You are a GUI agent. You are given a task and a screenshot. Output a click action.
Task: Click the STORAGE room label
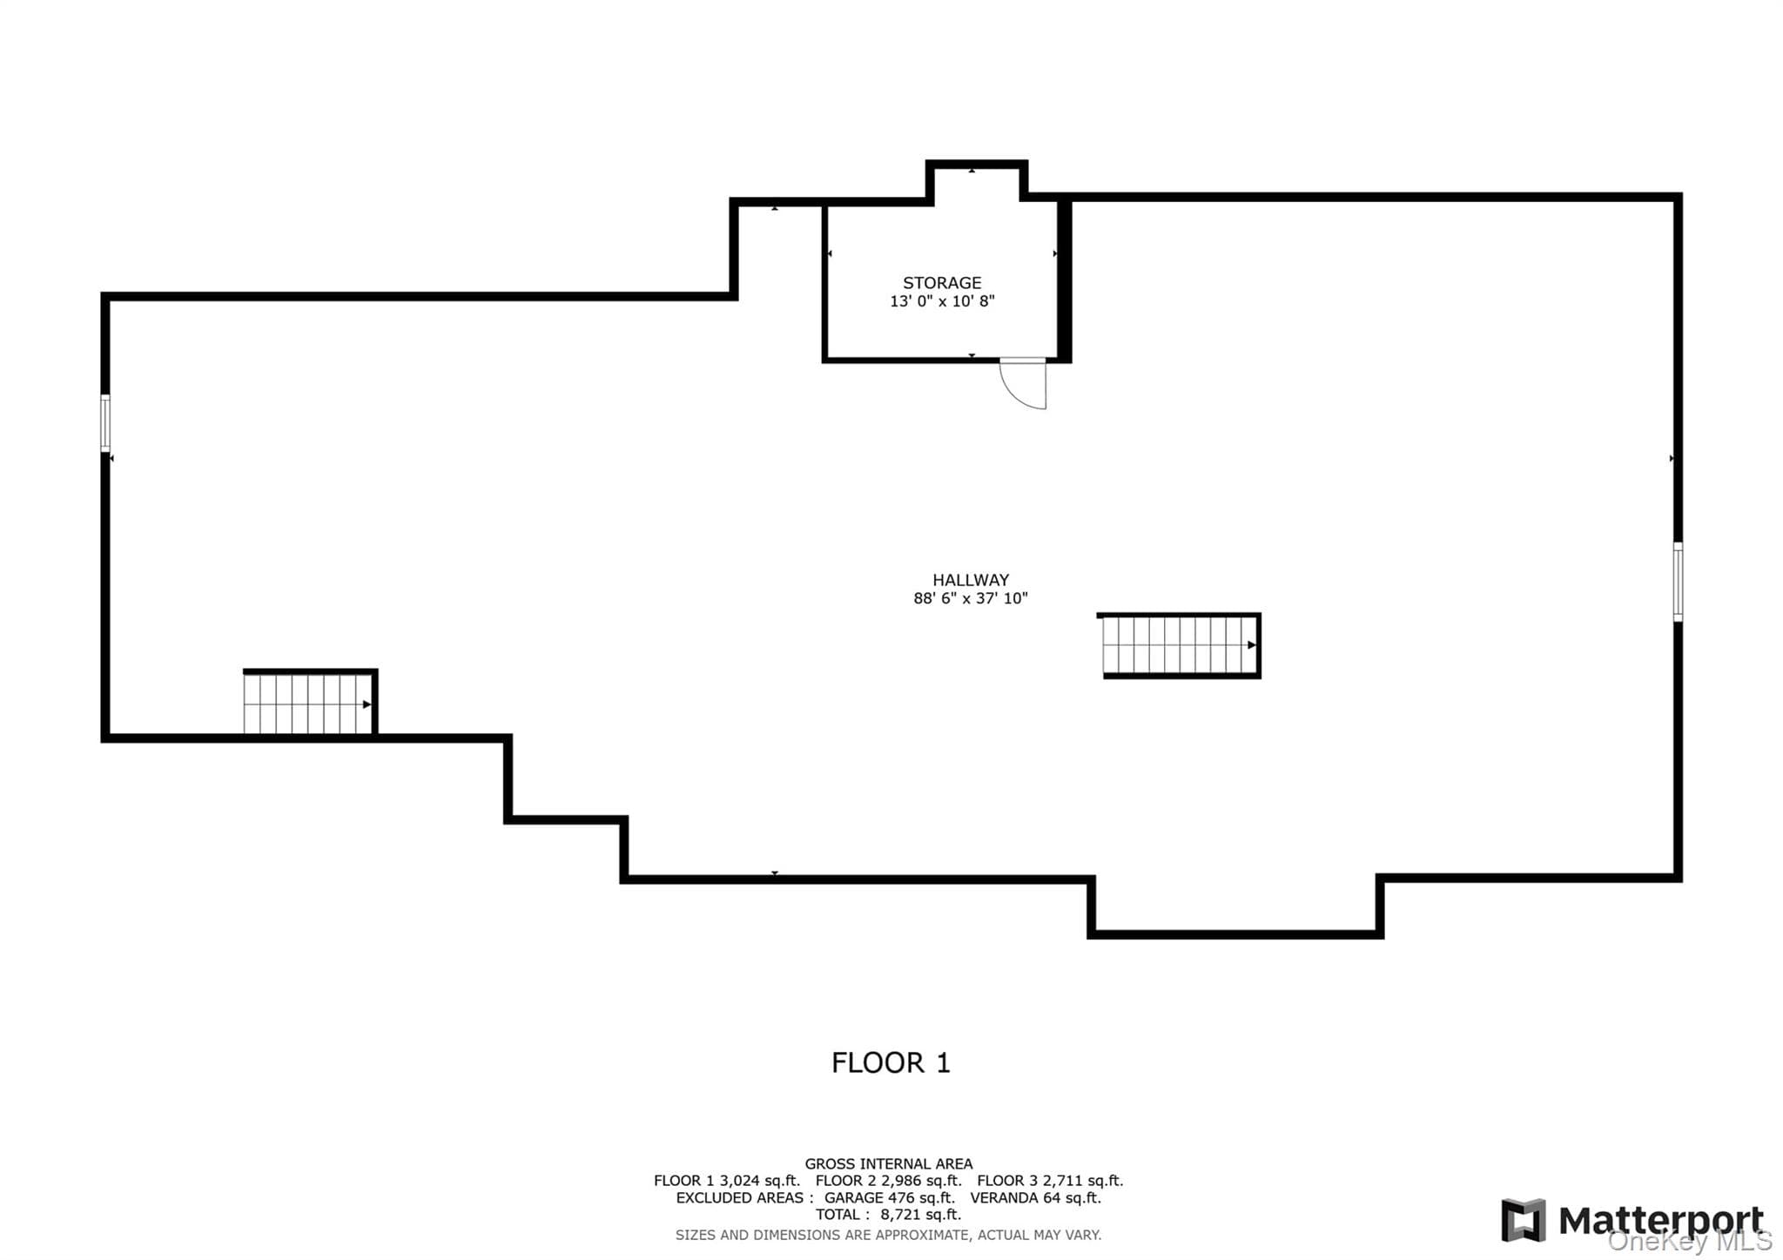[941, 283]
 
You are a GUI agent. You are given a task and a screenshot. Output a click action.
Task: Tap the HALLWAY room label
[971, 580]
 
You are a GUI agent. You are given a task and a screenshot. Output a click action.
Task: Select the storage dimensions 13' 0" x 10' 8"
[942, 301]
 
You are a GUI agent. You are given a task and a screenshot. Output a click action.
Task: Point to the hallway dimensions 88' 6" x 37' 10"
[971, 598]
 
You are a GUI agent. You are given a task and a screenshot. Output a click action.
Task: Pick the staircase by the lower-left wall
[309, 703]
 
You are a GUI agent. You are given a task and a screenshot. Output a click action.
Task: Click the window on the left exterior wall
[105, 423]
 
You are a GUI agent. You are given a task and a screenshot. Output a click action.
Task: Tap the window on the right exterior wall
[1678, 582]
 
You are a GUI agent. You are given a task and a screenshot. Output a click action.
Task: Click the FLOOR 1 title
[891, 1063]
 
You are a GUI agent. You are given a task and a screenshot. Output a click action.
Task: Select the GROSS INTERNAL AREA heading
[888, 1163]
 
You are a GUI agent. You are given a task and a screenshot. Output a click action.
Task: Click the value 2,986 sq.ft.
[921, 1181]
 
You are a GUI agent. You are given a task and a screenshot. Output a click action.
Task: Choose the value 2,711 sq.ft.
[1083, 1181]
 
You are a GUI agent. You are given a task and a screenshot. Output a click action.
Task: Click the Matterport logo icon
[1523, 1220]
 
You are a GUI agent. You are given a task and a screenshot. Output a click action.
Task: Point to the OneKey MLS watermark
[1690, 1241]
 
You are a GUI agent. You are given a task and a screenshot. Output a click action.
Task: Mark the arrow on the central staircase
[1251, 645]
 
